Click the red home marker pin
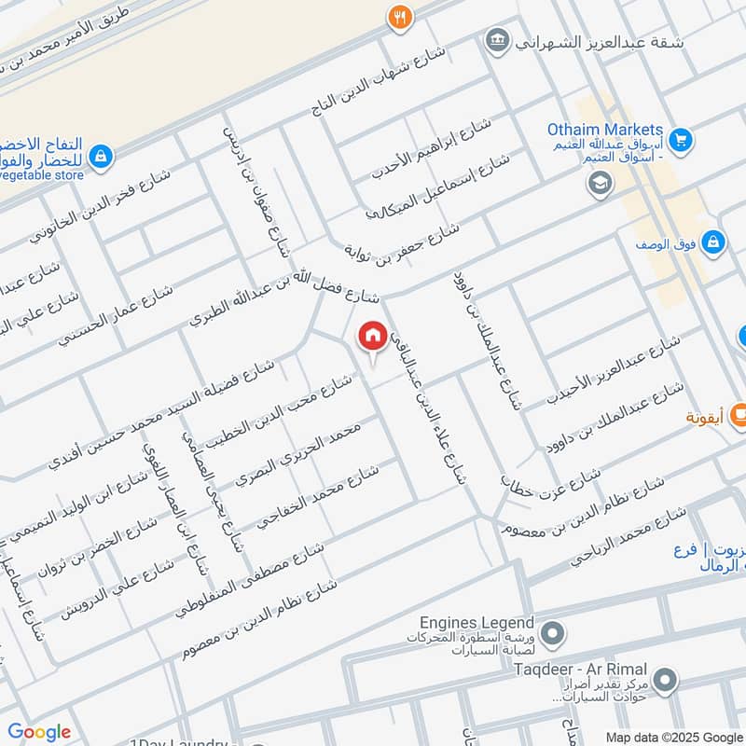pos(373,337)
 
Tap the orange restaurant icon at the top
pos(400,17)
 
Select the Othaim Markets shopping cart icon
pos(682,138)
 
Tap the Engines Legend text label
pos(477,623)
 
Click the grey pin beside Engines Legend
pos(552,635)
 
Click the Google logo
pos(39,732)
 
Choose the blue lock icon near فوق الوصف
pos(712,242)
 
